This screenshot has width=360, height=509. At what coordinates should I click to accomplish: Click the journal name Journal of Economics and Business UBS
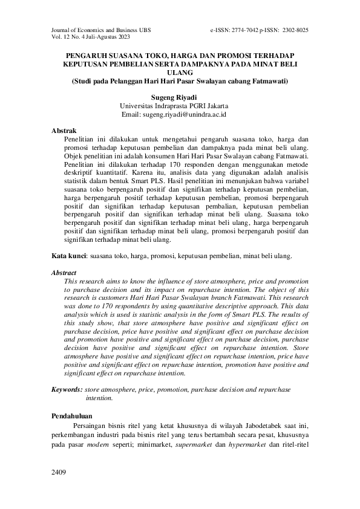(x=94, y=29)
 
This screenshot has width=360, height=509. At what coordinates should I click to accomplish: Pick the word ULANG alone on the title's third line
(x=180, y=71)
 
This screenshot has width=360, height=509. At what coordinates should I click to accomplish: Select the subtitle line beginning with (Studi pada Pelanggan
(x=180, y=80)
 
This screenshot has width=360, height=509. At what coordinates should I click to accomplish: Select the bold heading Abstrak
(x=64, y=131)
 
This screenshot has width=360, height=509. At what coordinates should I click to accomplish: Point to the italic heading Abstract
(x=64, y=273)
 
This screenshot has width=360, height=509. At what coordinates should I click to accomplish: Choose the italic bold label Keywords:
(x=67, y=391)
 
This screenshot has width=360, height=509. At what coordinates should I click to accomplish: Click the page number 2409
(x=59, y=472)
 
